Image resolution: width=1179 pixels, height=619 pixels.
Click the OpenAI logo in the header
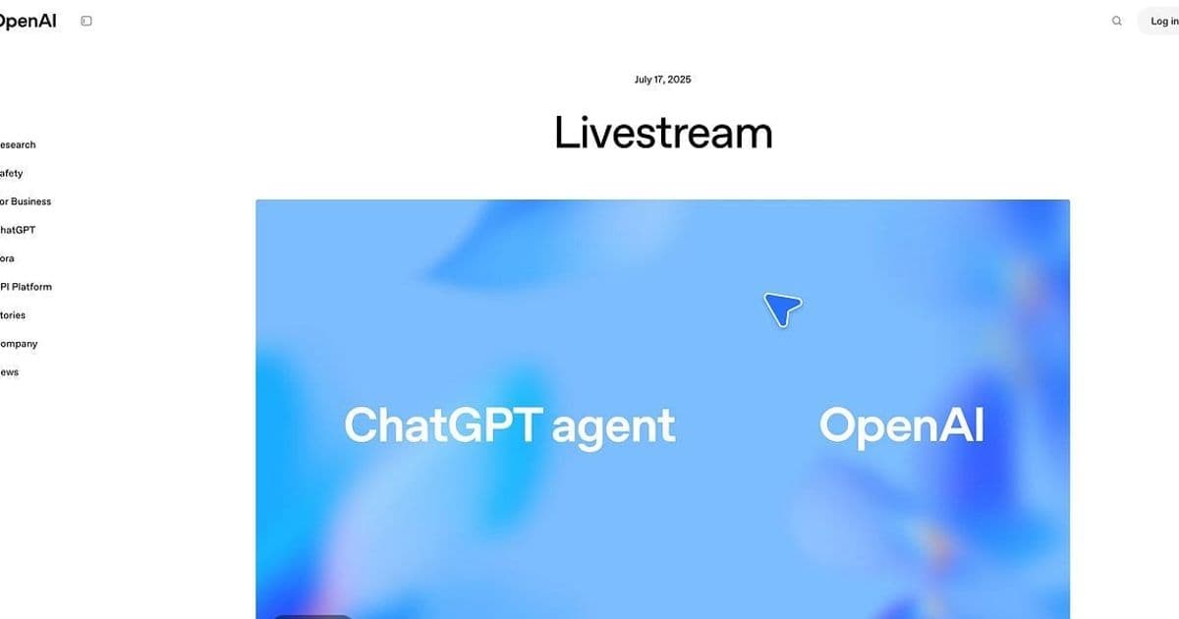pos(28,21)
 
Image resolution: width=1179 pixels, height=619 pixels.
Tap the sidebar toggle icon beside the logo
pos(86,21)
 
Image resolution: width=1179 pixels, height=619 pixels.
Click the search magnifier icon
pos(1116,21)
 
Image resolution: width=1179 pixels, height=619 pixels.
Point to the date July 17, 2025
pos(662,80)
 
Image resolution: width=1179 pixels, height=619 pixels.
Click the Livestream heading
pos(663,133)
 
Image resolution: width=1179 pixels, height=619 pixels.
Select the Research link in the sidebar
pos(18,144)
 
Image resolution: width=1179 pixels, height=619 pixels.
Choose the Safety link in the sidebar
pos(12,173)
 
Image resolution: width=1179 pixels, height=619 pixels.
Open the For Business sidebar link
pos(26,201)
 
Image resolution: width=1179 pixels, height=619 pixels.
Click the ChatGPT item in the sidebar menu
pos(18,230)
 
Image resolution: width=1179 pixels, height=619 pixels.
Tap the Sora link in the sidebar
pos(8,258)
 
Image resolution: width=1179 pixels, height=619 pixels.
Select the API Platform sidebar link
pos(27,287)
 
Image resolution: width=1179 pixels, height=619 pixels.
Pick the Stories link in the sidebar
pos(13,315)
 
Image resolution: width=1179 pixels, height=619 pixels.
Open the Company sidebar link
pos(19,344)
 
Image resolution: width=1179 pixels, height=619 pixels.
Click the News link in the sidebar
pos(10,372)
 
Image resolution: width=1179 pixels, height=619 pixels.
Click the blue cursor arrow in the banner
pos(782,309)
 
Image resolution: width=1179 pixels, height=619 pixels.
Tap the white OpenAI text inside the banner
pos(901,426)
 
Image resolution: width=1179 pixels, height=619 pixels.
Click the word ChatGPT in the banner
pos(443,426)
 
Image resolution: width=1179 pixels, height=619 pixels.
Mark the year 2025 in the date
pos(679,80)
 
